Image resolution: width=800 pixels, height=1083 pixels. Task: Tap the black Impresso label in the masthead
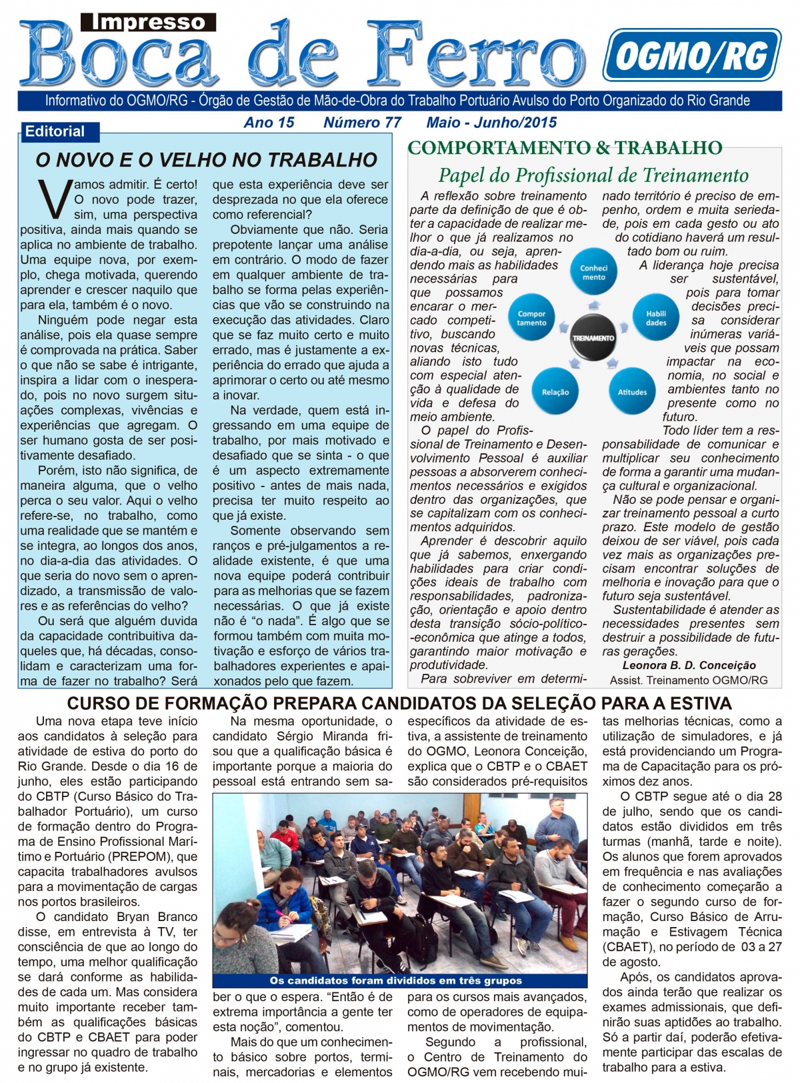(x=148, y=23)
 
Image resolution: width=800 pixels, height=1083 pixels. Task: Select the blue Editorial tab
(x=57, y=132)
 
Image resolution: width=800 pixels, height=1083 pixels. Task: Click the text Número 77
(x=362, y=123)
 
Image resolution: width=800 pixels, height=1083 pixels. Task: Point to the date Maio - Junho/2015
(x=491, y=123)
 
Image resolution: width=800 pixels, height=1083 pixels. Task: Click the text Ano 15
(x=269, y=123)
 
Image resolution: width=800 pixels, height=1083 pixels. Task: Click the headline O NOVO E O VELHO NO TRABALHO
(x=206, y=160)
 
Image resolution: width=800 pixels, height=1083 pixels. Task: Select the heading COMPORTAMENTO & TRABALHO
(x=565, y=148)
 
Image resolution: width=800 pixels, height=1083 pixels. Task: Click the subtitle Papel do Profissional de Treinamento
(x=593, y=175)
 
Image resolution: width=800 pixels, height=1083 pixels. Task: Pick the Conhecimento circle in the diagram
(x=593, y=273)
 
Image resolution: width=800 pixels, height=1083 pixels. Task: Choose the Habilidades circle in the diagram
(x=656, y=318)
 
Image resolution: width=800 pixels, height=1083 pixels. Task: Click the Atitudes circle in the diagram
(x=632, y=392)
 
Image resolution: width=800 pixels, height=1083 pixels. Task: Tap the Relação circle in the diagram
(x=555, y=392)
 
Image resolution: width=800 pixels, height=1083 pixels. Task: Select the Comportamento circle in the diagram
(x=531, y=318)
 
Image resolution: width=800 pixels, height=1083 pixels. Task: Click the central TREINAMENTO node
(x=593, y=338)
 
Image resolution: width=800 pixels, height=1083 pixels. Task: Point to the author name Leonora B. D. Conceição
(x=689, y=665)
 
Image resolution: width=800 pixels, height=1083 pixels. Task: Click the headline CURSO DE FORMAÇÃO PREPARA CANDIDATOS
(x=399, y=703)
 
